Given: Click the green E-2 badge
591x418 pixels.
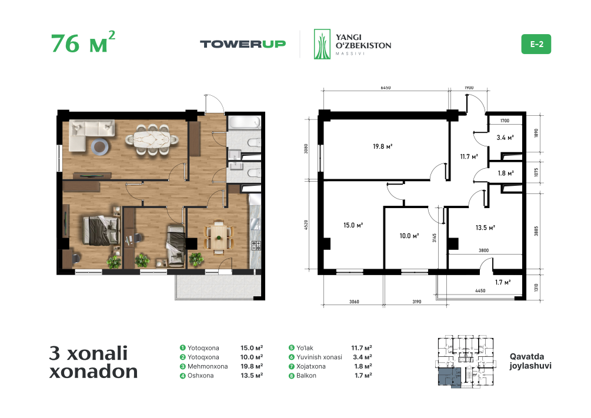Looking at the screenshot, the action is pyautogui.click(x=536, y=44).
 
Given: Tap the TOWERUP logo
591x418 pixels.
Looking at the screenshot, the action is pyautogui.click(x=243, y=44).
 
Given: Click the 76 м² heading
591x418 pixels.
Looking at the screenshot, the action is pyautogui.click(x=83, y=42).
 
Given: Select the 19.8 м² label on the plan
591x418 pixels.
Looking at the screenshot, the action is pyautogui.click(x=383, y=146).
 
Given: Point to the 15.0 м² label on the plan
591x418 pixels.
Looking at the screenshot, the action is pyautogui.click(x=353, y=225).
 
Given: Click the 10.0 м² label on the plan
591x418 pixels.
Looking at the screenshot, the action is pyautogui.click(x=409, y=236).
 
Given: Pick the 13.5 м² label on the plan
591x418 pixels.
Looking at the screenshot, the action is pyautogui.click(x=485, y=228).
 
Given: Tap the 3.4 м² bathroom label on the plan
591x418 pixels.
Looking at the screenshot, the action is pyautogui.click(x=505, y=138).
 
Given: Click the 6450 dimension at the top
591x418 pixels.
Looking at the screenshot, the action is pyautogui.click(x=386, y=88).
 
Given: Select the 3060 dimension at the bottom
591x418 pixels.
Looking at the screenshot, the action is pyautogui.click(x=354, y=302).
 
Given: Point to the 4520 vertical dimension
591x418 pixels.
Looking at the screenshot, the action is pyautogui.click(x=306, y=225).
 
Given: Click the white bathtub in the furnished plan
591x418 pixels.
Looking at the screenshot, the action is pyautogui.click(x=244, y=123).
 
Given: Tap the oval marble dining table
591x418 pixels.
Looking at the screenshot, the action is pyautogui.click(x=152, y=139).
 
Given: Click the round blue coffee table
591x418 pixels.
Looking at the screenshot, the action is pyautogui.click(x=100, y=146).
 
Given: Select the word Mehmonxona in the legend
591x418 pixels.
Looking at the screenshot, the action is pyautogui.click(x=208, y=366).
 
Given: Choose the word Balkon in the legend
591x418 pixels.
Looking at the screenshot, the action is pyautogui.click(x=306, y=376).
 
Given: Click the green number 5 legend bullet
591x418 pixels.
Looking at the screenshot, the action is pyautogui.click(x=291, y=348).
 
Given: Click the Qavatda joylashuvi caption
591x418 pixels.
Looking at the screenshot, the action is pyautogui.click(x=530, y=361).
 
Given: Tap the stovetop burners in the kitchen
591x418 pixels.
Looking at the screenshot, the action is pyautogui.click(x=256, y=245).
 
